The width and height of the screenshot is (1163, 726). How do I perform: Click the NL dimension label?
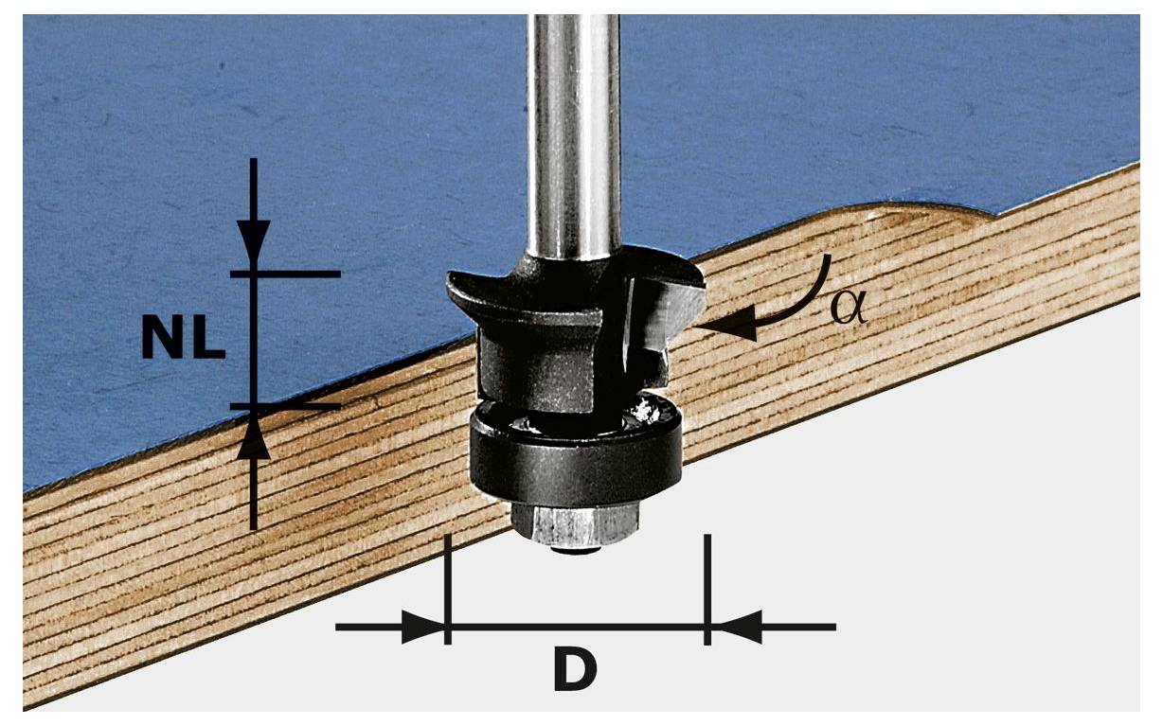coord(184,338)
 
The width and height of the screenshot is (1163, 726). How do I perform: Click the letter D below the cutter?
coord(575,669)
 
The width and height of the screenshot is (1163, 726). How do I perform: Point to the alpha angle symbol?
coord(849,308)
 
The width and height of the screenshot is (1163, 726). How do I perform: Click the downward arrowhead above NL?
coord(254,239)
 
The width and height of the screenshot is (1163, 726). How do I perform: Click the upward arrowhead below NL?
coord(254,440)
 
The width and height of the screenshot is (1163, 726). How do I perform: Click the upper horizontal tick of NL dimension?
coord(286,274)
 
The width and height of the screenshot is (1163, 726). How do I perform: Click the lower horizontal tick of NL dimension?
coord(286,406)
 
